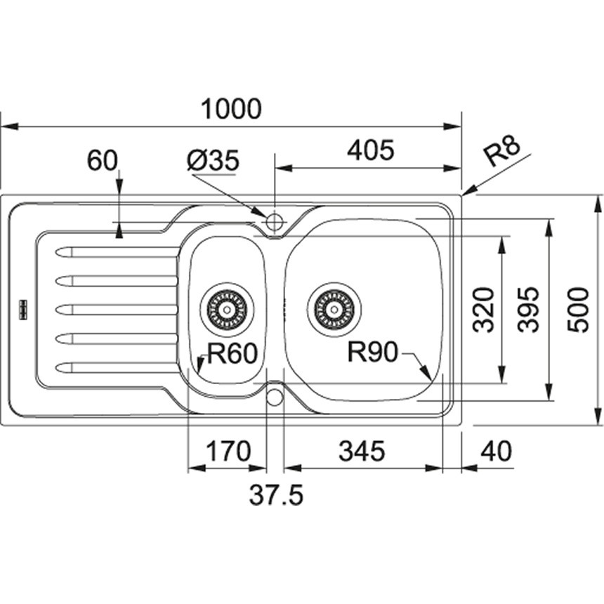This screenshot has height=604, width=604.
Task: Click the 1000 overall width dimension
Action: pos(231,109)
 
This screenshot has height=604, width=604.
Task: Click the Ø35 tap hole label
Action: pos(214,162)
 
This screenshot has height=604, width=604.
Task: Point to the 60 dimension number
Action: pos(102,162)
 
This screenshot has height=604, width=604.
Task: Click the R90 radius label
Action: pos(373,351)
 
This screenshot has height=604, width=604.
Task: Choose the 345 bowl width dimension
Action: pos(362,452)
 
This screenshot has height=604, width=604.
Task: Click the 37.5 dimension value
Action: pos(275,496)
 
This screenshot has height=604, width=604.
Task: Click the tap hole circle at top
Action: pos(274,223)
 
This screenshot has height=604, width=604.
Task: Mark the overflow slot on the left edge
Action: pos(22,308)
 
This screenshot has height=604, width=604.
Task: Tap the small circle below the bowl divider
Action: pos(275,397)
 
